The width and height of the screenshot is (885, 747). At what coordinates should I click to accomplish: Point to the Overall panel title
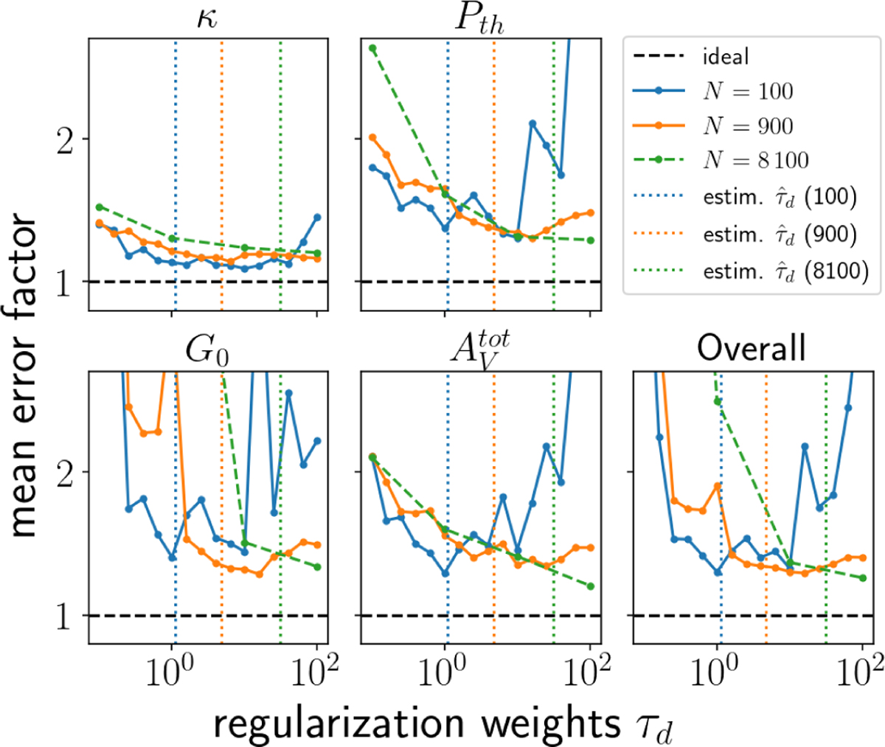click(752, 348)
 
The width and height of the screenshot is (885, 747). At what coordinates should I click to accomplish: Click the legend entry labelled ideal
click(726, 57)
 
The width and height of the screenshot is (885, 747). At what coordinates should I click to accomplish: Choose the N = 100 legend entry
click(747, 91)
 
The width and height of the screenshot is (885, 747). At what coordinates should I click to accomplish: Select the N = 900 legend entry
click(747, 126)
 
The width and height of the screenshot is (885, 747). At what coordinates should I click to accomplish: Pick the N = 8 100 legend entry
click(755, 160)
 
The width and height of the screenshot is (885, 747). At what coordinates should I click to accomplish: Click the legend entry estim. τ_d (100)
click(780, 197)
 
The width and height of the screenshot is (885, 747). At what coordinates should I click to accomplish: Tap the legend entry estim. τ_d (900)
click(780, 234)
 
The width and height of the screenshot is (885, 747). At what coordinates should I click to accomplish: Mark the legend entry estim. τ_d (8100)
click(785, 271)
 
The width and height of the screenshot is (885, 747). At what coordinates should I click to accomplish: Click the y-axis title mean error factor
click(24, 376)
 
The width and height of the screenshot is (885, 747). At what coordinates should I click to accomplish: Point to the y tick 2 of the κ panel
click(65, 139)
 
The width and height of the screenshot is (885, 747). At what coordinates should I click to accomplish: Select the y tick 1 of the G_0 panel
click(65, 616)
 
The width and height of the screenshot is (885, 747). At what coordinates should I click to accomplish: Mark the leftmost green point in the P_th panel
click(372, 49)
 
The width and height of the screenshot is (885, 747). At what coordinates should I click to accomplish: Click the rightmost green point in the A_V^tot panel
click(591, 586)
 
